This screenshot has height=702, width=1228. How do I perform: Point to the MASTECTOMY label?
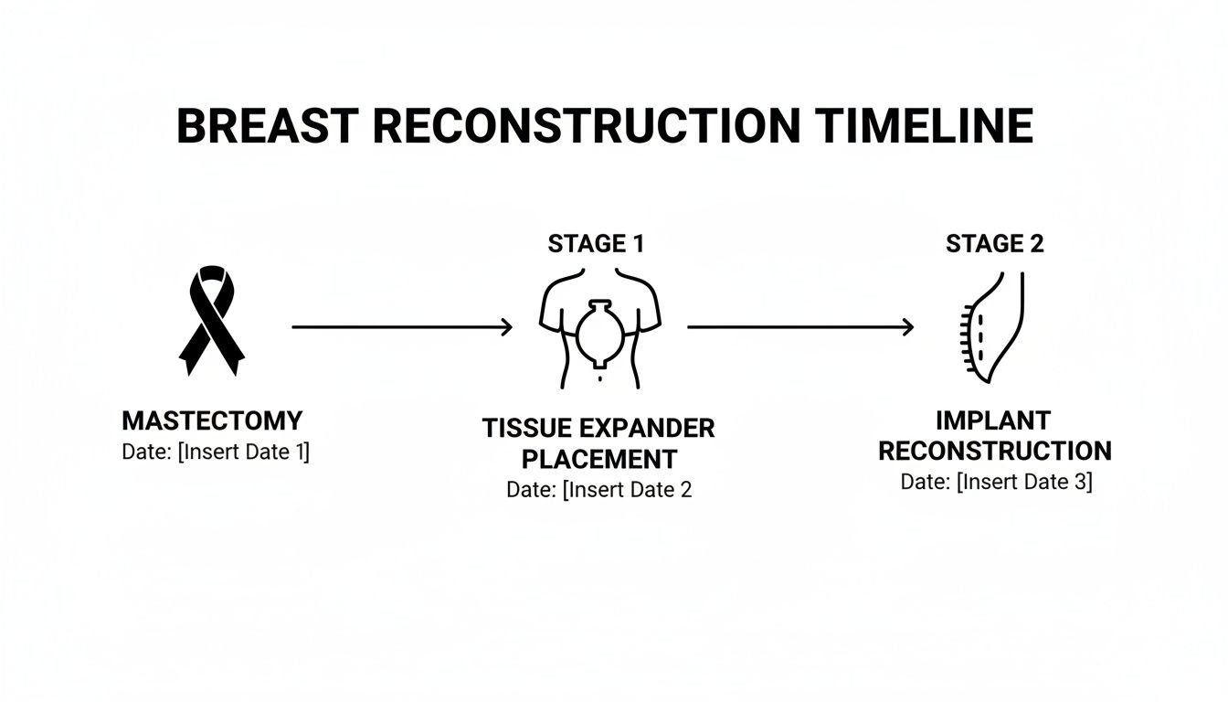pos(212,421)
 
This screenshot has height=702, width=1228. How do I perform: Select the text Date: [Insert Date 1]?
pos(216,452)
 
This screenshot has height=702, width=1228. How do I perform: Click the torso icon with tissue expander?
pos(599,327)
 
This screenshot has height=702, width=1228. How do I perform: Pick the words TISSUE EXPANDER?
pos(598,428)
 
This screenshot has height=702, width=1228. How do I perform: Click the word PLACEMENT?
pos(598,459)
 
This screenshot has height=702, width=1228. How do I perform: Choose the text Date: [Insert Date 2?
pos(598,490)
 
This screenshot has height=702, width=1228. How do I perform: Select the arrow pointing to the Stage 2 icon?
pos(799,326)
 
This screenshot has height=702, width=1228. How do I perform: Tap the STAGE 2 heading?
pos(995,244)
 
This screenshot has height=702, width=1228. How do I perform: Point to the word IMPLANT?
pos(993,420)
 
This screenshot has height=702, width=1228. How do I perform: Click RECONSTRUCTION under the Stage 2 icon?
pos(995,452)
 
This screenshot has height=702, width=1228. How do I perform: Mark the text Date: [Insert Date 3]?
pos(996,482)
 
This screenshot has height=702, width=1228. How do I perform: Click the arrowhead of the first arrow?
pos(506,326)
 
